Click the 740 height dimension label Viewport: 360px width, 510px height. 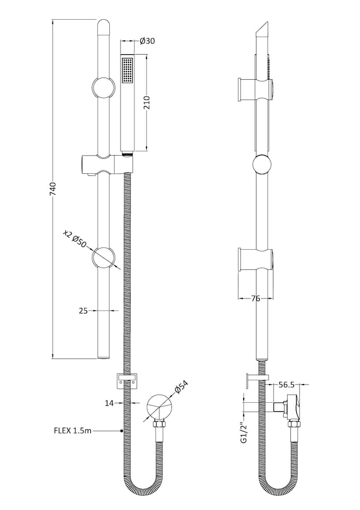(53, 189)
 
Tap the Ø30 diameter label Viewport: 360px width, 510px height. (147, 41)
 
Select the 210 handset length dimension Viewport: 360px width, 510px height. (147, 102)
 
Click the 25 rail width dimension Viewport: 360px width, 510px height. (83, 311)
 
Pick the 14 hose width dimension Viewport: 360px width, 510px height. (109, 403)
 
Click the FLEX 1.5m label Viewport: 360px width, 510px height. (73, 431)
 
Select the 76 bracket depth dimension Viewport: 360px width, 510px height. (255, 298)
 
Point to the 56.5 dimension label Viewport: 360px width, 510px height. (286, 385)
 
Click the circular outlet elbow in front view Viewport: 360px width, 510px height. (158, 406)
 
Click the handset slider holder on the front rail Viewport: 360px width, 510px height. (104, 165)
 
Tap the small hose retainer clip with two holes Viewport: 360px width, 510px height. (127, 380)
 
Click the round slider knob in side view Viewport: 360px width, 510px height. (262, 165)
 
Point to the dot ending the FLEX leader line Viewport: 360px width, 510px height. (122, 431)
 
